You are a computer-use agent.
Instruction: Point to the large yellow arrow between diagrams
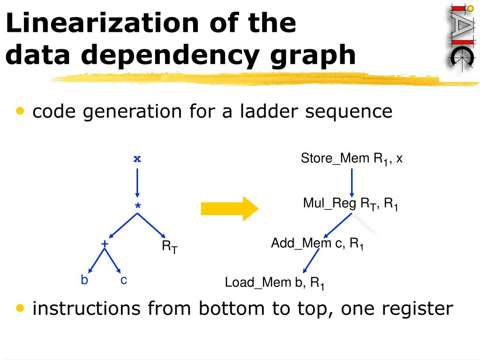tap(229, 208)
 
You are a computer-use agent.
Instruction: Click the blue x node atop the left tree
tap(137, 158)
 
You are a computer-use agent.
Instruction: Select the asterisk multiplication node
tap(137, 206)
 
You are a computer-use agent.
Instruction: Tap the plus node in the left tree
tap(105, 244)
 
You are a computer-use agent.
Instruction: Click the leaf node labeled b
tap(84, 280)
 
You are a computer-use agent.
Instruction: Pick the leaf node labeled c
tap(124, 280)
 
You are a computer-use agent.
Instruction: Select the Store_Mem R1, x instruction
tap(352, 159)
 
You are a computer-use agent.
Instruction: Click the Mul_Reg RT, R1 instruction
tap(351, 204)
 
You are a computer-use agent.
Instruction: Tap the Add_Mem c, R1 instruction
tap(317, 244)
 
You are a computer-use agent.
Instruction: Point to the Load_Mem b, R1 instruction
tap(275, 283)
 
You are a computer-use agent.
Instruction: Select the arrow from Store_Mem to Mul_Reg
tap(352, 180)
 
